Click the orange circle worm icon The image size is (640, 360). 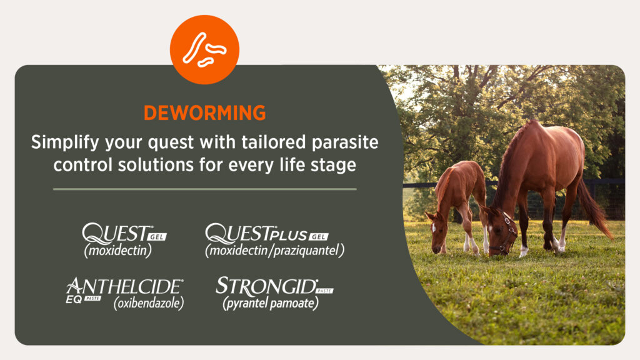point(204,50)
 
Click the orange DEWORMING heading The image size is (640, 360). point(204,113)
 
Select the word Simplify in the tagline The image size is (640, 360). point(65,143)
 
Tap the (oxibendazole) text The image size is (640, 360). point(149,303)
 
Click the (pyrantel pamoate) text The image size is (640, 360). point(271,303)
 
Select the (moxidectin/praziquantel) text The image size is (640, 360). point(275,250)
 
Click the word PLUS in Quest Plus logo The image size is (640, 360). point(287,235)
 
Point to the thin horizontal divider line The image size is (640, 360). point(204,189)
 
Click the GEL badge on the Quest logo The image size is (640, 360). point(157,237)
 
